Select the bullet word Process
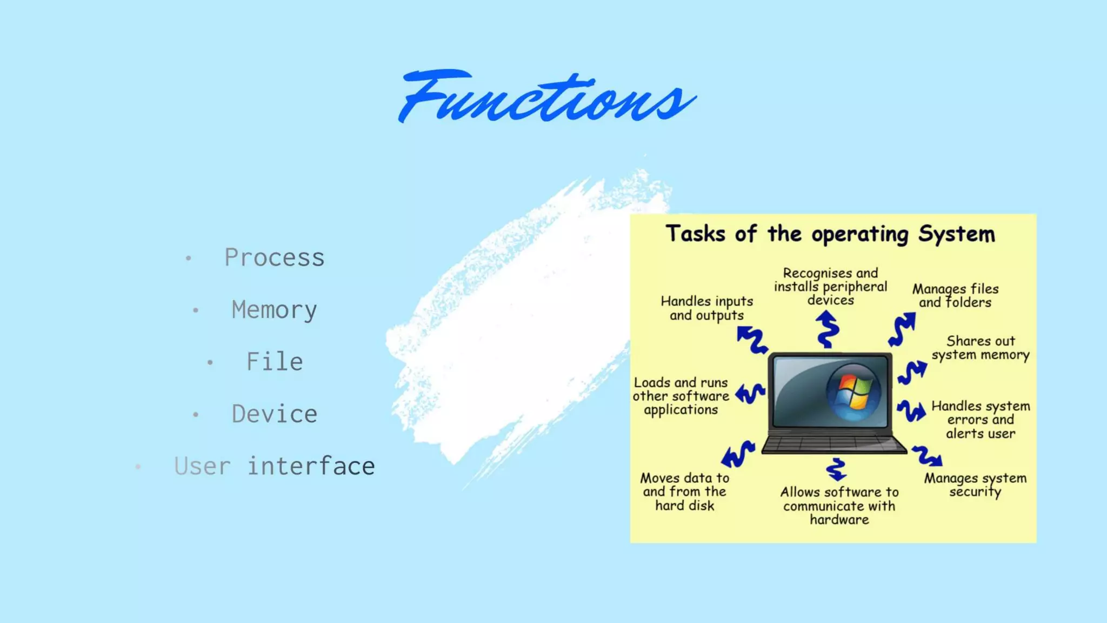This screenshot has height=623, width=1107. coord(274,257)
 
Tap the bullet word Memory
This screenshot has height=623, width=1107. coord(274,310)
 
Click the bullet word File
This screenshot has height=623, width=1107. coord(275,362)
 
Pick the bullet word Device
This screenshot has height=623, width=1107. coord(274,414)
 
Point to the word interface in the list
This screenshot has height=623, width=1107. coord(311,466)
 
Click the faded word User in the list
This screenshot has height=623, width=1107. coord(202,466)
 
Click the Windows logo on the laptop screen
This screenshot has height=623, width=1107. coord(853,392)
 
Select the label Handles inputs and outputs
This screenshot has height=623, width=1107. coord(706,308)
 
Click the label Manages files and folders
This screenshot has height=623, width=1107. coord(955,295)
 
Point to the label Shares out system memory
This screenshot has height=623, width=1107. coord(980,348)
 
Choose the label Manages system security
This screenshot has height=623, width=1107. coord(975,485)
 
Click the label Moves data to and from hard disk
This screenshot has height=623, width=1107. coord(684,492)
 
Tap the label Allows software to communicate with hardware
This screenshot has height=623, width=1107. coord(839,506)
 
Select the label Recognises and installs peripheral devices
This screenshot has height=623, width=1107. coord(830,287)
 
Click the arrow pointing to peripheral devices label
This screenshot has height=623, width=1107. coord(827,329)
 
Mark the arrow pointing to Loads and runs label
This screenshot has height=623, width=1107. coord(750,393)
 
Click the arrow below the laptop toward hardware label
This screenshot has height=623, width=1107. coord(836,469)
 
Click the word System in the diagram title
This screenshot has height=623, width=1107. coord(956,234)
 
